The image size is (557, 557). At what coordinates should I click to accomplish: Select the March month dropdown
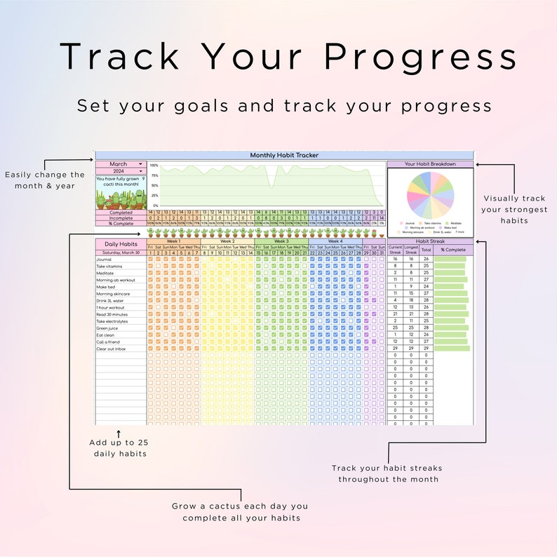(121, 164)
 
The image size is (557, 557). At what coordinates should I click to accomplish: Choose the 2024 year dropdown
(121, 171)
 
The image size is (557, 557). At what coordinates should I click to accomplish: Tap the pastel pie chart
(430, 194)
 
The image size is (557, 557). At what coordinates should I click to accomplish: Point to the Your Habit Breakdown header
(430, 164)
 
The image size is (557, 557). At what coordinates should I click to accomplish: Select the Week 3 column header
(281, 241)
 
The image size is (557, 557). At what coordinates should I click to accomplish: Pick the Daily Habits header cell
(121, 243)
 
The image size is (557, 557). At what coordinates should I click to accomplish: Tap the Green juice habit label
(107, 328)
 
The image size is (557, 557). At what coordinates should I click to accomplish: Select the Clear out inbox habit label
(111, 349)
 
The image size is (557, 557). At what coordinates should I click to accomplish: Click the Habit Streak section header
(430, 241)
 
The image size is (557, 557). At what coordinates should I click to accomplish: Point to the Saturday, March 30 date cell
(121, 253)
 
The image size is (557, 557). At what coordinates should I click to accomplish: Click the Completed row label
(121, 212)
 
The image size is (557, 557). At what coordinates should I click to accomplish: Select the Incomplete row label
(121, 217)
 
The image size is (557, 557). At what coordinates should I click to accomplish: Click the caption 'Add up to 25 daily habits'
(118, 448)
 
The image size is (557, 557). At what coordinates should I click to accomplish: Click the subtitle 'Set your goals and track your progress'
(284, 106)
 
